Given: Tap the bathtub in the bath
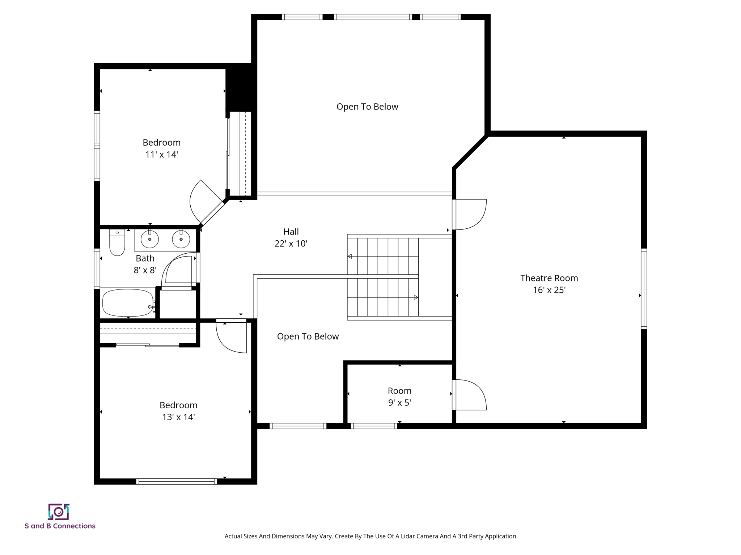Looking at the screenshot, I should click(127, 303).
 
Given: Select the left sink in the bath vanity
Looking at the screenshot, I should click(149, 239).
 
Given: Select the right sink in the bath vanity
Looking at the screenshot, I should click(181, 239).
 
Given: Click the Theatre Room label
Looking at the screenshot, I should click(549, 278).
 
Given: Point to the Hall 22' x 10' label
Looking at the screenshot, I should click(291, 237).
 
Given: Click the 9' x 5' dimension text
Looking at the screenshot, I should click(399, 403).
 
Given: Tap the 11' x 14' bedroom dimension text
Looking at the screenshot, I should click(161, 155).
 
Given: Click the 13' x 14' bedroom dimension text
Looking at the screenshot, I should click(178, 417).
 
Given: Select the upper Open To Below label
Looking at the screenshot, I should click(367, 107).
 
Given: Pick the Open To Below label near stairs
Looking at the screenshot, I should click(308, 336).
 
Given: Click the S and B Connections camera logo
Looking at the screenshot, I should click(59, 512).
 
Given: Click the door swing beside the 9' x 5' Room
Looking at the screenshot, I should click(470, 395).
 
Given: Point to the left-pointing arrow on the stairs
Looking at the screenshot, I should click(350, 256).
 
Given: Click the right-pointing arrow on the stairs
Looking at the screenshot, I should click(416, 297).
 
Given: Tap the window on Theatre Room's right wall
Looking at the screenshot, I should click(644, 289).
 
